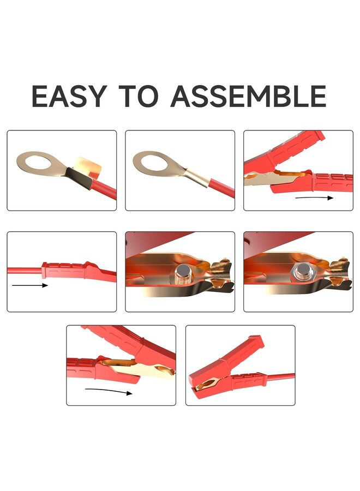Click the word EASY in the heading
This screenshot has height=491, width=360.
click(69, 96)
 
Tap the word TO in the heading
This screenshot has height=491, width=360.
click(137, 96)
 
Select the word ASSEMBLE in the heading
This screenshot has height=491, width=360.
click(248, 96)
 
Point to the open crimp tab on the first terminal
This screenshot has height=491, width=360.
click(87, 166)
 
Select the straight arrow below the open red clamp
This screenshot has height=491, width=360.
click(314, 197)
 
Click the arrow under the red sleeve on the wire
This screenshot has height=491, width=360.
click(31, 285)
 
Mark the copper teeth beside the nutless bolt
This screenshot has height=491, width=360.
click(221, 270)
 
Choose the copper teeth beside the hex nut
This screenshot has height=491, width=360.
click(338, 270)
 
